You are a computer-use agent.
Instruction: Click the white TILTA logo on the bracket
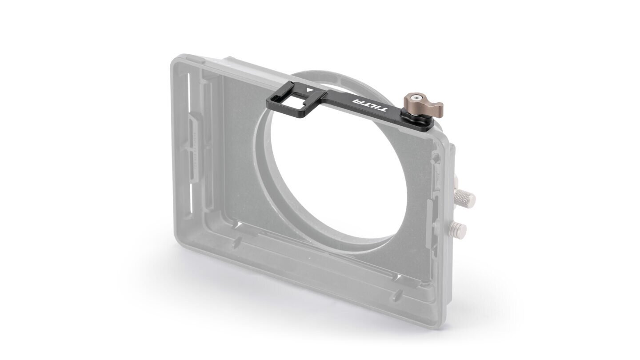[x=371, y=106]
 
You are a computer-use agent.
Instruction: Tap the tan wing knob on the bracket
[x=423, y=105]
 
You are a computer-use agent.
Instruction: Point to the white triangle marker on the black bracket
[x=309, y=90]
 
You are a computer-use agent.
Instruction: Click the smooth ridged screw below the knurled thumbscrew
[x=457, y=228]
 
